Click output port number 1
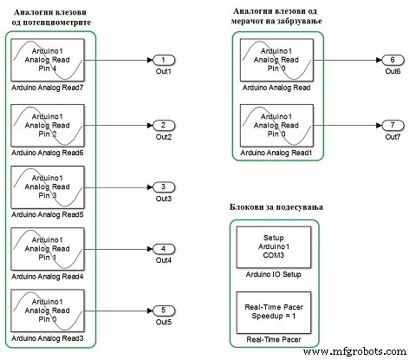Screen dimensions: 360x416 (163, 61)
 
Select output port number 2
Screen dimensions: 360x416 (163, 125)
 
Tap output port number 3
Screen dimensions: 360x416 (163, 187)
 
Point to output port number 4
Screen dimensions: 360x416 (163, 249)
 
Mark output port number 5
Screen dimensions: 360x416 (163, 309)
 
